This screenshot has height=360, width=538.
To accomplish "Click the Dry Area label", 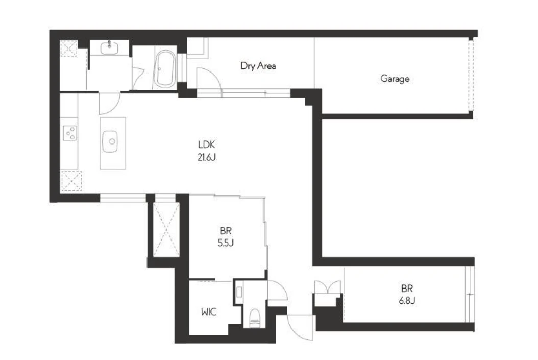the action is [x=258, y=65].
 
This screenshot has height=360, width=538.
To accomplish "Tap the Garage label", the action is [x=395, y=79].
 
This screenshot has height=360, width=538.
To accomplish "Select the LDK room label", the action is [x=207, y=145].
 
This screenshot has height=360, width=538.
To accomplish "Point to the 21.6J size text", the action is [x=207, y=157].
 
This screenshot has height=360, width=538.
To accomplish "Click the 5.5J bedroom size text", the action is [x=226, y=243].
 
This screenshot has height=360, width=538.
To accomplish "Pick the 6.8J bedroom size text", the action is [x=407, y=301].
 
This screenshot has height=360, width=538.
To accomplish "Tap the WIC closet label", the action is [x=209, y=312].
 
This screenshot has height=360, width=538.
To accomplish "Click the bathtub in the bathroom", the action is [x=165, y=69].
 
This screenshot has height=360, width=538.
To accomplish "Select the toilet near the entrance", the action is [x=255, y=318].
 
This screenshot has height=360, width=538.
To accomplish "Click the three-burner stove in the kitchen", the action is [x=69, y=133].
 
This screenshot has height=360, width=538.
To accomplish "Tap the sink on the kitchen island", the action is [x=110, y=141].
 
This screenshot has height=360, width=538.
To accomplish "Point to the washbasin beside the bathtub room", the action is [x=109, y=47].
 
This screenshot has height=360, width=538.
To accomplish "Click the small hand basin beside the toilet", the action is [x=239, y=292].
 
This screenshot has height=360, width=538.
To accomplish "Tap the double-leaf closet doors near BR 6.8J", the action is [x=328, y=287].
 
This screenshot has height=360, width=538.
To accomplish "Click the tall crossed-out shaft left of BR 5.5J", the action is [x=166, y=229].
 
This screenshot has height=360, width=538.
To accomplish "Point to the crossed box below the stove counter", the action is [x=71, y=181].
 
